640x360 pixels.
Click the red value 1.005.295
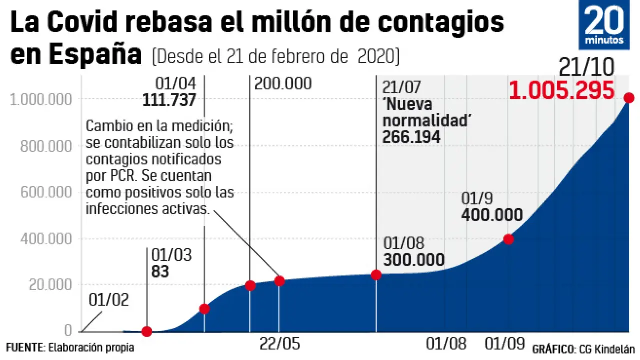click(x=562, y=91)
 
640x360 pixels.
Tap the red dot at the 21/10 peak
click(x=629, y=98)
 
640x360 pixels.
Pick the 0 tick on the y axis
click(x=68, y=331)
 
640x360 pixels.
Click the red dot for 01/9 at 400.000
click(x=508, y=239)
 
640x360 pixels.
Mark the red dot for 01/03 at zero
click(x=146, y=331)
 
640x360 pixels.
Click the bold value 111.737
click(x=169, y=100)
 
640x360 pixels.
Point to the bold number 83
click(x=160, y=272)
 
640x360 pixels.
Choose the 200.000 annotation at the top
click(x=283, y=84)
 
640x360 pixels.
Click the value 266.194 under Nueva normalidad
click(x=411, y=137)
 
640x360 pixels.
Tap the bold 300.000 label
click(x=414, y=260)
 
